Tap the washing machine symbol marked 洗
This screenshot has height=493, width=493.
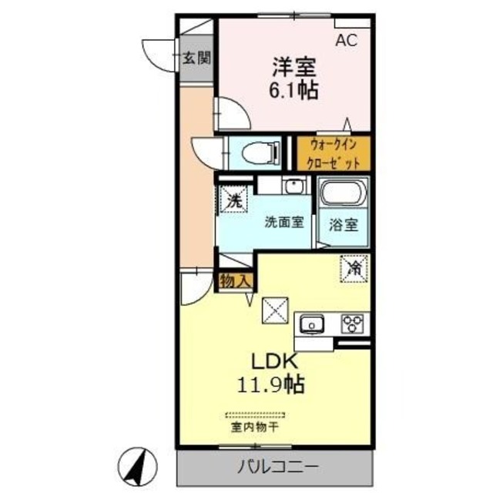[234, 198]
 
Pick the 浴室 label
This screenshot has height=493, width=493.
[343, 226]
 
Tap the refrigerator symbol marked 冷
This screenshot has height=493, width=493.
[354, 269]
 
